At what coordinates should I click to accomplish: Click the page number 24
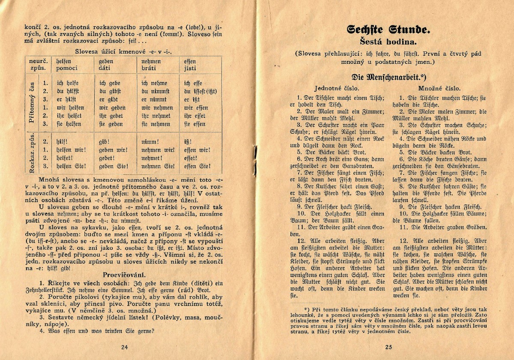125,347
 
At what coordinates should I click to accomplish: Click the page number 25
389,347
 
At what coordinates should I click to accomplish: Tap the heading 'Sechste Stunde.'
388,30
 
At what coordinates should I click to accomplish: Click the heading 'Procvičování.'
124,274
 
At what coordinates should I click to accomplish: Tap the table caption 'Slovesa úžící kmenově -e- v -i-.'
124,52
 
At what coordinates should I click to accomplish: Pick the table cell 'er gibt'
108,100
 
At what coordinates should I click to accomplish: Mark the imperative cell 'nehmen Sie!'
158,166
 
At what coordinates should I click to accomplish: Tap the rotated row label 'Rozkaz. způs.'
31,154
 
